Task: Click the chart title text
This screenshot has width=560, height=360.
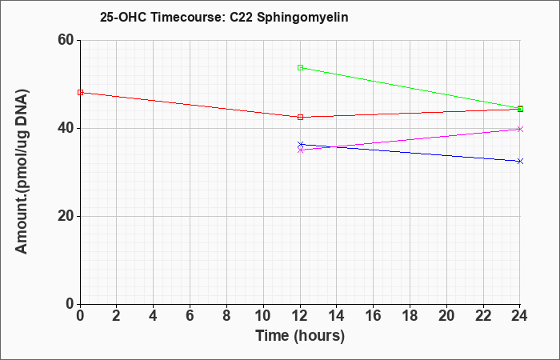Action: click(224, 17)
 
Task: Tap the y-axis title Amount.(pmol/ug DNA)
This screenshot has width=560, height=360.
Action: click(22, 172)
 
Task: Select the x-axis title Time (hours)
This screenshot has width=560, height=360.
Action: click(300, 336)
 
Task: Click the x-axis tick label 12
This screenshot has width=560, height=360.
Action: click(300, 316)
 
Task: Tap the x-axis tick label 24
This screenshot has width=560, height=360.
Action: click(519, 316)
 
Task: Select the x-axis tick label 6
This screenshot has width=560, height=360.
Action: click(190, 316)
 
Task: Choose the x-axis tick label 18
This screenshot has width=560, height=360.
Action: click(410, 316)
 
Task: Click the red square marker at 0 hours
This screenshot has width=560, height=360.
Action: click(80, 93)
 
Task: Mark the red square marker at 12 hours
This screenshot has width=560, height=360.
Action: click(300, 117)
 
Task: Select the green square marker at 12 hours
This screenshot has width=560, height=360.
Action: click(300, 67)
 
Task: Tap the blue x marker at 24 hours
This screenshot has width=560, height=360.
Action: click(520, 161)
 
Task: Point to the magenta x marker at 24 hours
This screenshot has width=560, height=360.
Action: click(520, 129)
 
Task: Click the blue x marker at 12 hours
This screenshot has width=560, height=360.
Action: click(300, 145)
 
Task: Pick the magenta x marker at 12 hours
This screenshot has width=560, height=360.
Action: click(300, 150)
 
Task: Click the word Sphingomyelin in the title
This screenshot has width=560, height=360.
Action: click(302, 18)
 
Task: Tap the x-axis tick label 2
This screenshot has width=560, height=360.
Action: click(117, 316)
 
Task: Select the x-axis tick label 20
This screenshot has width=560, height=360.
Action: click(446, 316)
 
